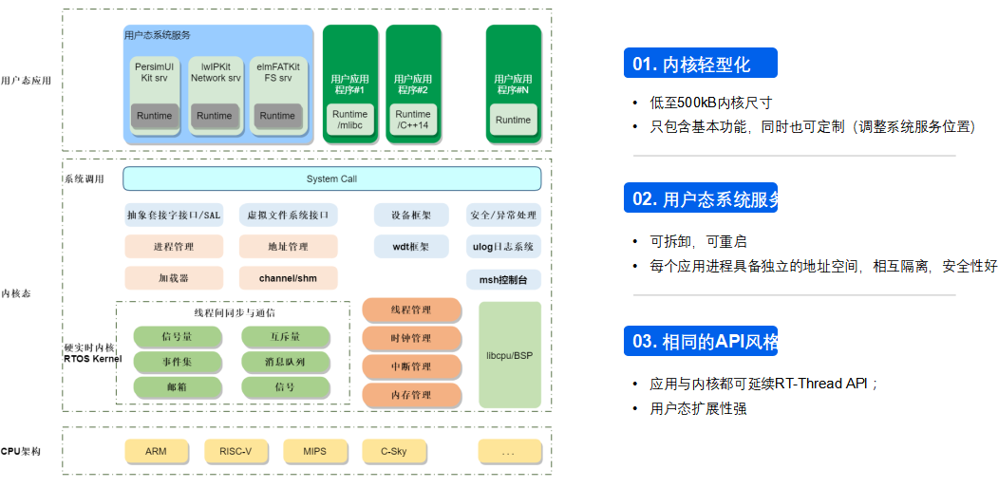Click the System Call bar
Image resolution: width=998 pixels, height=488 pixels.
point(331,178)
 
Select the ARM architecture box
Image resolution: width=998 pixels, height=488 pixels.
point(156,451)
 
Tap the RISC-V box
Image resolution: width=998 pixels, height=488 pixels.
point(235,451)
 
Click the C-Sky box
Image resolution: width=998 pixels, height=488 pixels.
point(393,451)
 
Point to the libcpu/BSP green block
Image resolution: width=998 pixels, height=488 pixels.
point(509,355)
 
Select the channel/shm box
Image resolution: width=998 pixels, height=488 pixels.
point(288,278)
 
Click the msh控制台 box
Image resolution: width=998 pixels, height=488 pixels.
point(503,279)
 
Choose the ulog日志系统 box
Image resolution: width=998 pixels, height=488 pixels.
point(503,247)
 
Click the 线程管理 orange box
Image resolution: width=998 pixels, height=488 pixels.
point(411,310)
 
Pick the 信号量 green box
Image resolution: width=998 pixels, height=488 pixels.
point(178,336)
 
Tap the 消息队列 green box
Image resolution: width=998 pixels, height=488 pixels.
point(285,362)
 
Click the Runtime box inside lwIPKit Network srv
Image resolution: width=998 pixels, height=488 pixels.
point(215,116)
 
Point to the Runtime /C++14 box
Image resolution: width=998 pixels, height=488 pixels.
point(413,120)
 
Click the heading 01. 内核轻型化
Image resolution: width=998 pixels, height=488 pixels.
point(700,64)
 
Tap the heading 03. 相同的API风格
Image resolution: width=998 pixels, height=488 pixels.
point(700,342)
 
